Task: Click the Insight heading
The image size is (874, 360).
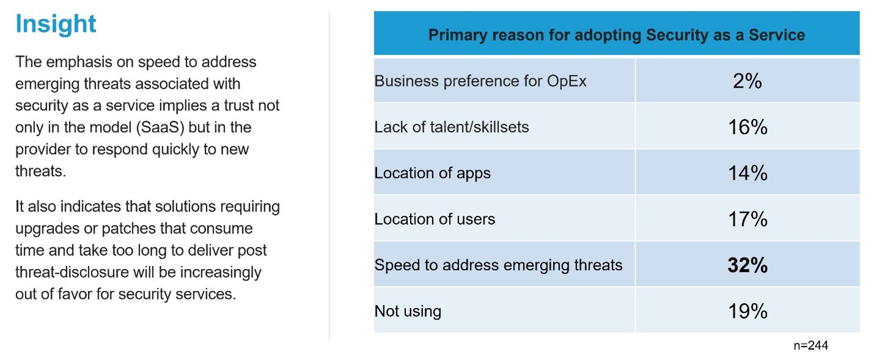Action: point(56,24)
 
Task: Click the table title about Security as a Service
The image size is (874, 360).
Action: point(616,35)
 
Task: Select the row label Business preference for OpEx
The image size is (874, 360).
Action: point(480,81)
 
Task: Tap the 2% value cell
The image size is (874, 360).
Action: point(747,81)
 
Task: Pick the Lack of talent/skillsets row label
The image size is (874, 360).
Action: point(452,127)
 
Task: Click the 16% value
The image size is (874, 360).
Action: point(747,127)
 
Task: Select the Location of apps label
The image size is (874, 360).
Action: point(433,173)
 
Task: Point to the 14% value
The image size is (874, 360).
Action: point(747,173)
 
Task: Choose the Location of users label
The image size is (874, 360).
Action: point(435,219)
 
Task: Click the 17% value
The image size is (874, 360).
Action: point(747,219)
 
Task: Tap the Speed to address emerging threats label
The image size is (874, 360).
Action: point(498,265)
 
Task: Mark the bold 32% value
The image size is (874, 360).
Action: point(747,265)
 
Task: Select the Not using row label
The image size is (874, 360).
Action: point(408,311)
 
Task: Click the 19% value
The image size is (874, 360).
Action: point(747,311)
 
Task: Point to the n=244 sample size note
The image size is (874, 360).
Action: point(810,345)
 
